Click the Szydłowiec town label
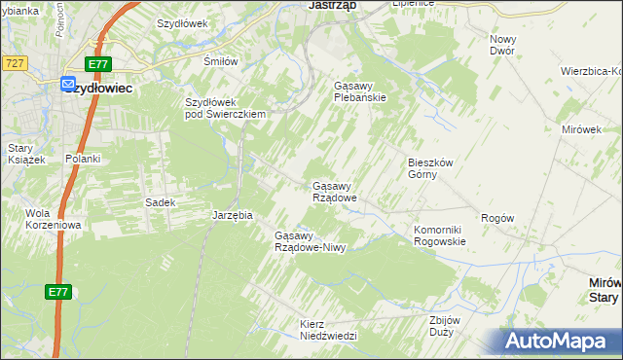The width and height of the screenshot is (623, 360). pyautogui.click(x=103, y=87)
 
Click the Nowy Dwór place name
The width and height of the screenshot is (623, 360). pyautogui.click(x=502, y=44)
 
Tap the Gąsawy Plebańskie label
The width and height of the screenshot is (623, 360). pyautogui.click(x=360, y=91)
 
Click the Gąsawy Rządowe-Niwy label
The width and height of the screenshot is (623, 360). pyautogui.click(x=311, y=241)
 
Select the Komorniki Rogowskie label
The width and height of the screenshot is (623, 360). pyautogui.click(x=442, y=235)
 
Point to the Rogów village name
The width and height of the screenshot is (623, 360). pyautogui.click(x=496, y=219)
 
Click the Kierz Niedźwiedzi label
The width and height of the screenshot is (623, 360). pyautogui.click(x=328, y=329)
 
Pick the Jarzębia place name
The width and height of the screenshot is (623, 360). pyautogui.click(x=233, y=215)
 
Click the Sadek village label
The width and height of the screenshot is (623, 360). pyautogui.click(x=160, y=202)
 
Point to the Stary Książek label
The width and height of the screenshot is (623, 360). pyautogui.click(x=26, y=154)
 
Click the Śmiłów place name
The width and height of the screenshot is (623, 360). pyautogui.click(x=220, y=60)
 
